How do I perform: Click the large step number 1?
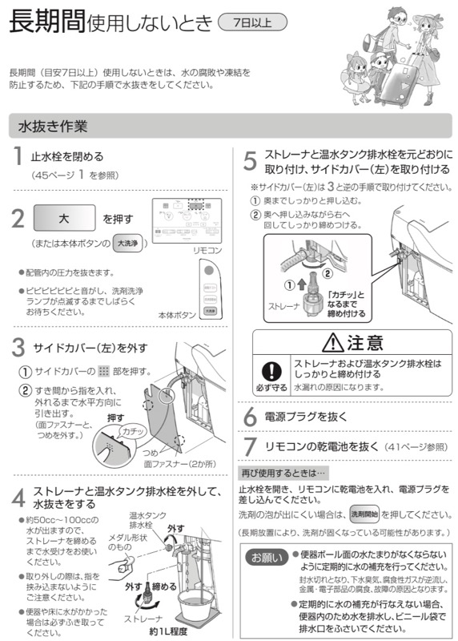point(16,159)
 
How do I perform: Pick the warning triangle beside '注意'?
point(331,344)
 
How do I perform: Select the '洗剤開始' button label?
point(364,514)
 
